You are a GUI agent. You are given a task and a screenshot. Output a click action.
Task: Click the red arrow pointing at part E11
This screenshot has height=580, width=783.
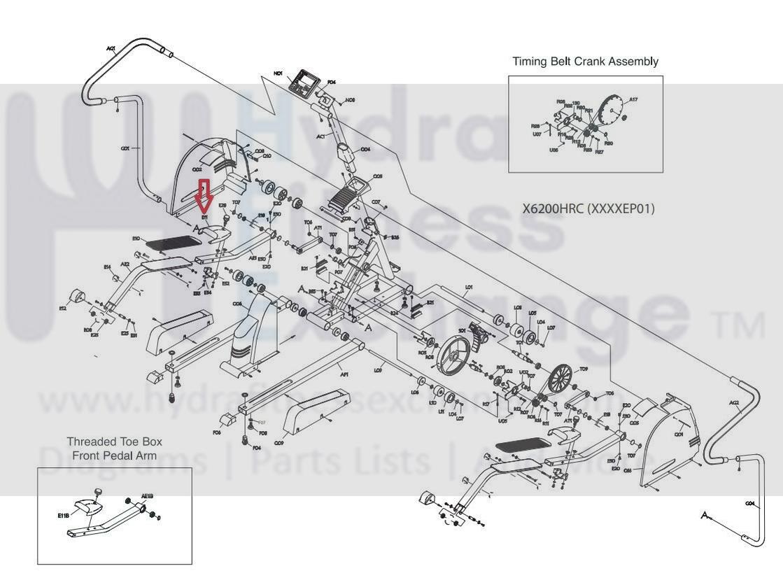204,197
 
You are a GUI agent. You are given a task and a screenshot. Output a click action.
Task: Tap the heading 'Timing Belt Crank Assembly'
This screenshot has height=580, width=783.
585,62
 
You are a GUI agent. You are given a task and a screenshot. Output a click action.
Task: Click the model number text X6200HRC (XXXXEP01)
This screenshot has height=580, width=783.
588,208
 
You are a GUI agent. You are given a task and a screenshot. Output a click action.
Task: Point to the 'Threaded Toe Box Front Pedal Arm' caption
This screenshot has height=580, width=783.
114,448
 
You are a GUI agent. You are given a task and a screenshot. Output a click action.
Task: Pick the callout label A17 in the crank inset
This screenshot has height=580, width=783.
633,100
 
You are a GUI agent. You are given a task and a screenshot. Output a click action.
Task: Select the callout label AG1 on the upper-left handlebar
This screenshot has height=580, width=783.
111,48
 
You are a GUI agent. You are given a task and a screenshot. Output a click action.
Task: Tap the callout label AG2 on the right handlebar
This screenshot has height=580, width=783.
734,403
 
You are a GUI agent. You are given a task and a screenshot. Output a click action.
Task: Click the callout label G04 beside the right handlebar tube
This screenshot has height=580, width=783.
749,503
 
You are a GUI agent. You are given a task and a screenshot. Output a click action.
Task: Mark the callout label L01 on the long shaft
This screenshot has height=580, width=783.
469,287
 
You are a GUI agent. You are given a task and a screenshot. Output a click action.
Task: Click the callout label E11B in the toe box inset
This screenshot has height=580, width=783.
64,516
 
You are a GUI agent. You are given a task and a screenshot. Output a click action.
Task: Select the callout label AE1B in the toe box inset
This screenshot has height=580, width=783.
147,496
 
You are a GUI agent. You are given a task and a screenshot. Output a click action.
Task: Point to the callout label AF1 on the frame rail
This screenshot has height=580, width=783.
344,374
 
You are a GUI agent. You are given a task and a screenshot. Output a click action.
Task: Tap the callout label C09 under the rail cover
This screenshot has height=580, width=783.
278,443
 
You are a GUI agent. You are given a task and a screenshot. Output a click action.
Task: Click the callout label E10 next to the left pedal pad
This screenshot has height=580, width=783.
136,239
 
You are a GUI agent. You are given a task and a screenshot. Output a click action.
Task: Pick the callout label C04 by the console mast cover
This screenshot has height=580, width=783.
365,149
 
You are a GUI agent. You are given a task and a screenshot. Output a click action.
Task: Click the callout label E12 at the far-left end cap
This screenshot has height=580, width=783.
62,308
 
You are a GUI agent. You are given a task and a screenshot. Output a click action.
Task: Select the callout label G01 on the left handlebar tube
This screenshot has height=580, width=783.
125,148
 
